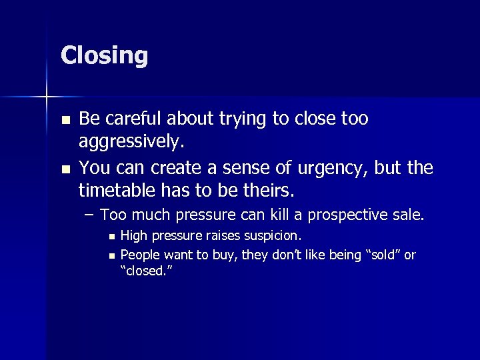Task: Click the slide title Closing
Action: (x=104, y=56)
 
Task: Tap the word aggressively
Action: (x=131, y=141)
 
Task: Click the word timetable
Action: (x=114, y=191)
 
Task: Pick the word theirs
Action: (x=266, y=191)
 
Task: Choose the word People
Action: (x=139, y=255)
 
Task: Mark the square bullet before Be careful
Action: (x=64, y=120)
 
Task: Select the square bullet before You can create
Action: (x=64, y=168)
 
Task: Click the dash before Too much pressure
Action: (x=88, y=215)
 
